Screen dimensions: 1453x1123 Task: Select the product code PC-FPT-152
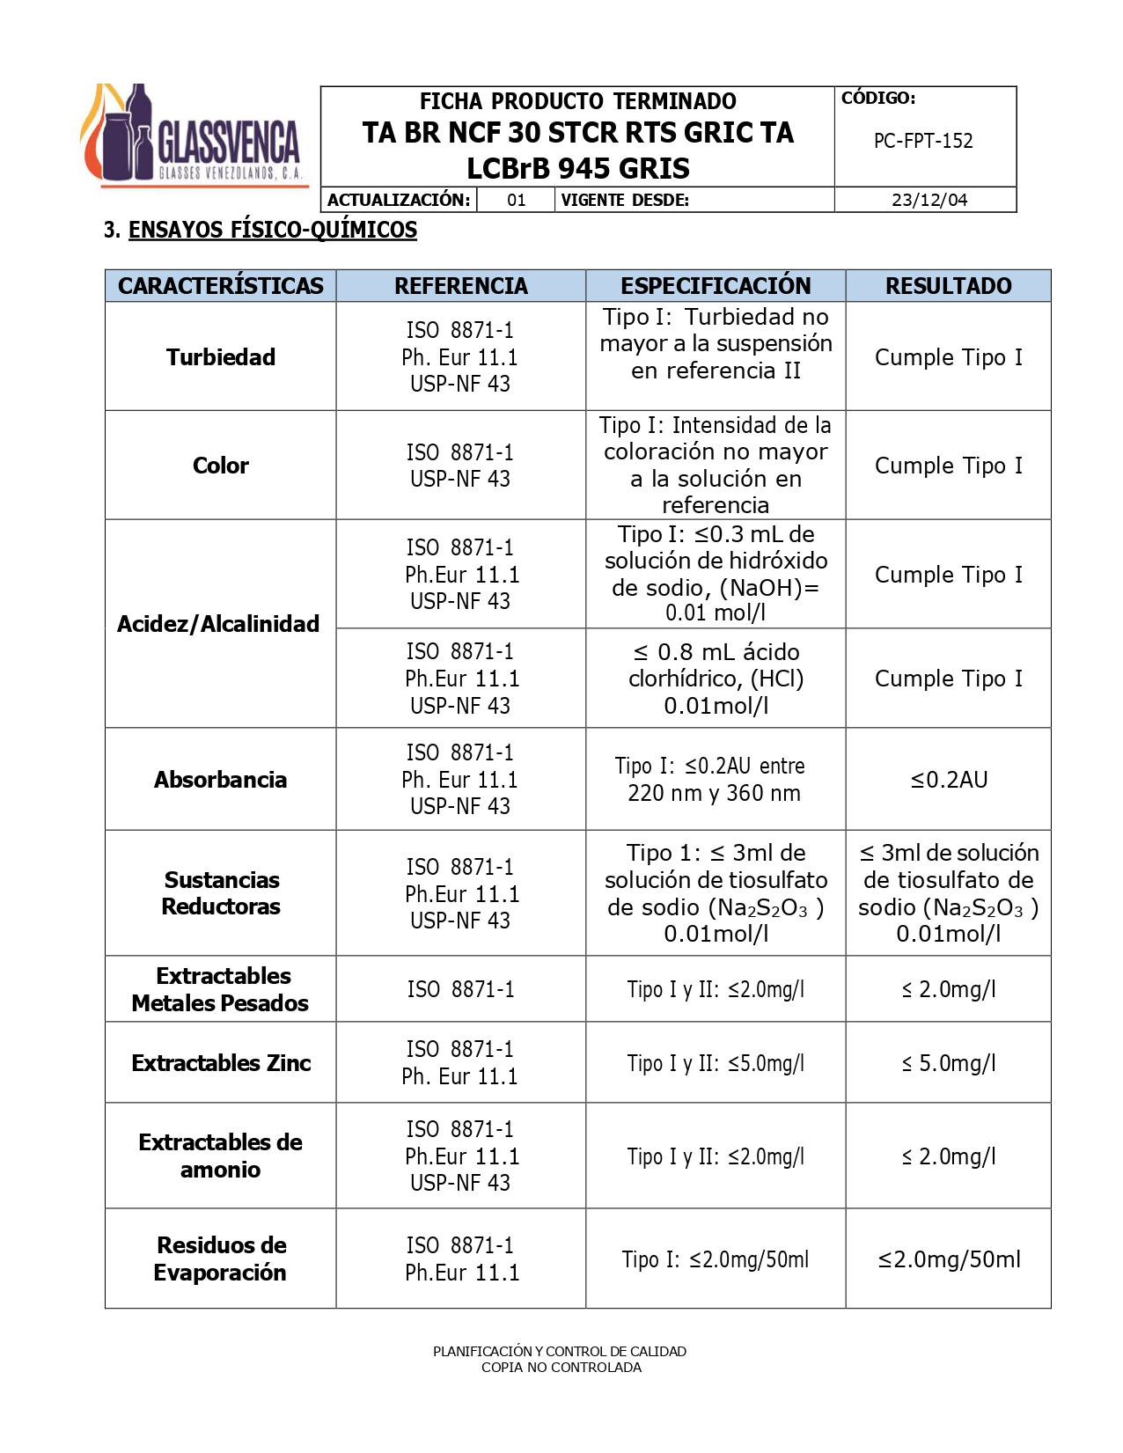[923, 141]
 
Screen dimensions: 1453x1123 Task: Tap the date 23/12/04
[928, 200]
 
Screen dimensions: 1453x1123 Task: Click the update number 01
[517, 200]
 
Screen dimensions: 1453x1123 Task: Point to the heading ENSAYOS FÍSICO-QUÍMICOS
[272, 231]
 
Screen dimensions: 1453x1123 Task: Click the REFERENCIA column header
[460, 286]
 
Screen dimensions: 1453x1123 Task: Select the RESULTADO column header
[948, 286]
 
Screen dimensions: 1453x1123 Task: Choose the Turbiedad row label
[221, 357]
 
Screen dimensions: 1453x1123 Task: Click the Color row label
[221, 466]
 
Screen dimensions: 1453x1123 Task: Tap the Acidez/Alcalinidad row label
[218, 624]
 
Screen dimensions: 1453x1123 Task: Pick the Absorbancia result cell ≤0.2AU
[949, 780]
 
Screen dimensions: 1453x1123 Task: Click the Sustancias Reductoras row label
[221, 893]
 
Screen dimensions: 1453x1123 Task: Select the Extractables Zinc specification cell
[716, 1063]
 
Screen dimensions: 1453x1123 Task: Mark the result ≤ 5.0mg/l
[949, 1063]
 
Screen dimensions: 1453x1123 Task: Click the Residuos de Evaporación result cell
[949, 1259]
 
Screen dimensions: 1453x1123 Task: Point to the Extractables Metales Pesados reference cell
[460, 989]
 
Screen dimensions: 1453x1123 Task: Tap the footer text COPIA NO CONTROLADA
[561, 1368]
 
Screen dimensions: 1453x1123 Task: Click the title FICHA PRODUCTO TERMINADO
[577, 101]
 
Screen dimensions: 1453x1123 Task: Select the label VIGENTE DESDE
[625, 200]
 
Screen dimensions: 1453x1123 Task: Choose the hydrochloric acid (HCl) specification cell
[716, 679]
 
